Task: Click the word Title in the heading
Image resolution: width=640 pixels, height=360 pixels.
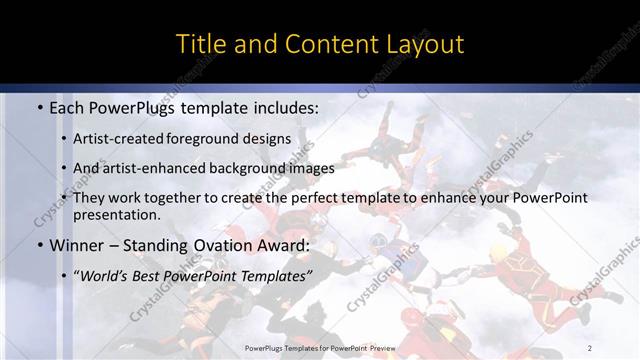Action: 200,44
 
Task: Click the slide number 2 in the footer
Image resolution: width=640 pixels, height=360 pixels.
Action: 590,348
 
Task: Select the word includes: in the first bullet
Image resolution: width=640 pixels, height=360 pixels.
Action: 283,106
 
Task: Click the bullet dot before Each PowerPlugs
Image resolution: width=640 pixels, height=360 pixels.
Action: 39,107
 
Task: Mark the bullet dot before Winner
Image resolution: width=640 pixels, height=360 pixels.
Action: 39,246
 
